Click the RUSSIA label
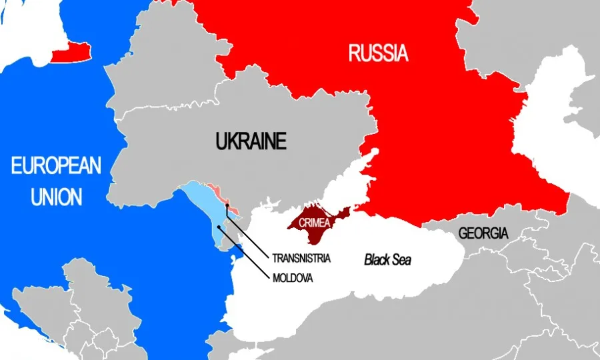click(378, 53)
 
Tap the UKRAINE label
click(251, 141)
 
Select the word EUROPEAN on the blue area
click(56, 165)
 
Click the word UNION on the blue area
click(56, 197)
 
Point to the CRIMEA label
click(313, 223)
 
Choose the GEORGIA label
click(483, 233)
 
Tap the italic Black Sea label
click(387, 260)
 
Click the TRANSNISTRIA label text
click(301, 257)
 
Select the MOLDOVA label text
click(293, 277)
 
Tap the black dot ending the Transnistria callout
click(227, 206)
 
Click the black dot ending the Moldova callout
click(219, 227)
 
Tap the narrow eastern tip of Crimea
click(346, 211)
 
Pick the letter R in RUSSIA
click(355, 53)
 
